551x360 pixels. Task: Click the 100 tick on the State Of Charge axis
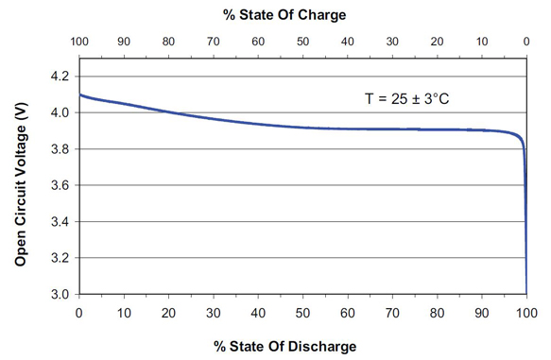point(78,43)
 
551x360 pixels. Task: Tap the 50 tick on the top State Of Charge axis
point(302,43)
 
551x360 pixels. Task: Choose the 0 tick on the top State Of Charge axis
point(526,43)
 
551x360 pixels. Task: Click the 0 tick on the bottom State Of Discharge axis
point(78,313)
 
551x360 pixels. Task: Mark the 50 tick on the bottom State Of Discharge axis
point(302,313)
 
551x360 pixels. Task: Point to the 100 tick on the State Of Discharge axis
point(526,313)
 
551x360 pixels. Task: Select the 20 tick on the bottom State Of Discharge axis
point(168,313)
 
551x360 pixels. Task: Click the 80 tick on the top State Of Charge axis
point(168,43)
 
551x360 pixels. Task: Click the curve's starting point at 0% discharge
point(79,94)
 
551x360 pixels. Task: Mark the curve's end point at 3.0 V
point(526,293)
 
